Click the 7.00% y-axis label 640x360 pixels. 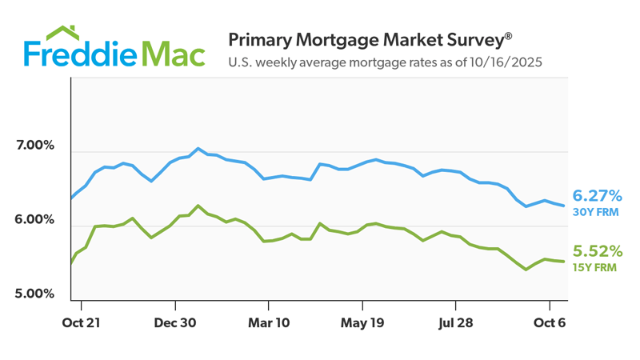(34, 146)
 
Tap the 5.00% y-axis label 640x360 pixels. (34, 294)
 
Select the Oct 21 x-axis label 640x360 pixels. (81, 324)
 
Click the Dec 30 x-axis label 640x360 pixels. (175, 324)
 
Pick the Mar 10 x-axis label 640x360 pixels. (269, 324)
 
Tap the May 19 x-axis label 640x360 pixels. (362, 324)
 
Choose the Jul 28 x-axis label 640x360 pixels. (456, 324)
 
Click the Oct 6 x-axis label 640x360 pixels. (549, 324)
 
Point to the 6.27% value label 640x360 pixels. (598, 195)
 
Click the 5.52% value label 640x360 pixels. (598, 251)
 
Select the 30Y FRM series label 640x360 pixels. (595, 212)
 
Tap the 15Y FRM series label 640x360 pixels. (595, 268)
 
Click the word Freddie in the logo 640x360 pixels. (80, 54)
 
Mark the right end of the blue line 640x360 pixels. (566, 206)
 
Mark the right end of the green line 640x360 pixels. (566, 262)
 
